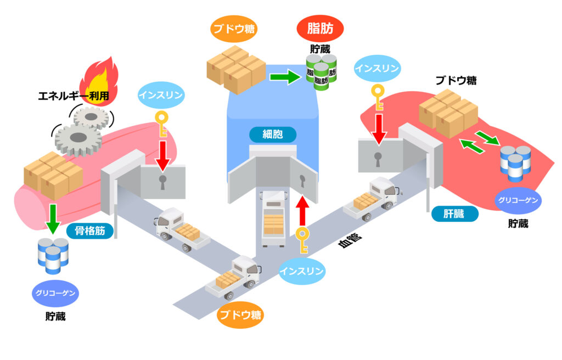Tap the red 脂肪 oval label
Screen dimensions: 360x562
tap(319, 28)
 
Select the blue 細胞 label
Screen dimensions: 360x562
tap(273, 134)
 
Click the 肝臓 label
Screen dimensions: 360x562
tap(454, 214)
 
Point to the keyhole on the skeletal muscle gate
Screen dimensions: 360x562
tap(162, 183)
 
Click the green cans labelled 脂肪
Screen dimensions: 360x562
tap(321, 74)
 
